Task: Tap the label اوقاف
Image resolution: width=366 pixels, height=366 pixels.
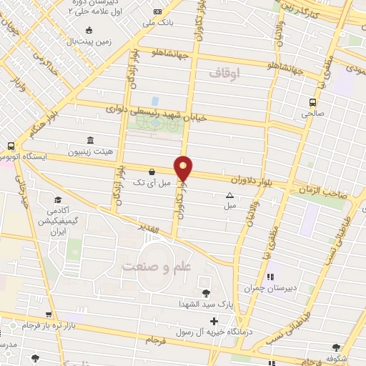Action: (227, 73)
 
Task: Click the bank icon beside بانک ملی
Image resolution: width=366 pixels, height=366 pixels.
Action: (157, 11)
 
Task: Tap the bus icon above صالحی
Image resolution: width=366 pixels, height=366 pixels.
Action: (312, 102)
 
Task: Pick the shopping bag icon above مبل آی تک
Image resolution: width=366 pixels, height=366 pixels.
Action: (152, 172)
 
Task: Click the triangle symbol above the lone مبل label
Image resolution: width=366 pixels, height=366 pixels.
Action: (229, 195)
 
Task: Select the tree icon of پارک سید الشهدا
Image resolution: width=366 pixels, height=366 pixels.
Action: (206, 292)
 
